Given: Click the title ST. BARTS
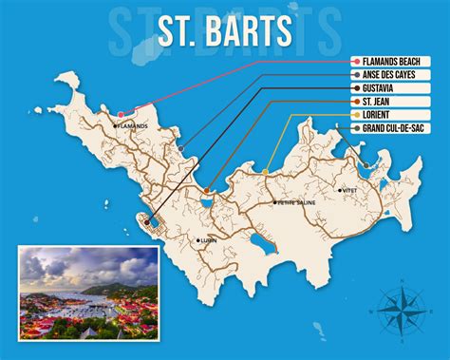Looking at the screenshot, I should (225, 29).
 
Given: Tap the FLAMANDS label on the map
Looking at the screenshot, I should (134, 125).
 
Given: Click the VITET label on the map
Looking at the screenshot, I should (348, 191).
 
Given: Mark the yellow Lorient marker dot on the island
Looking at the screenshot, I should (267, 171).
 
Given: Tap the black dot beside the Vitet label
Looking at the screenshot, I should (339, 191).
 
